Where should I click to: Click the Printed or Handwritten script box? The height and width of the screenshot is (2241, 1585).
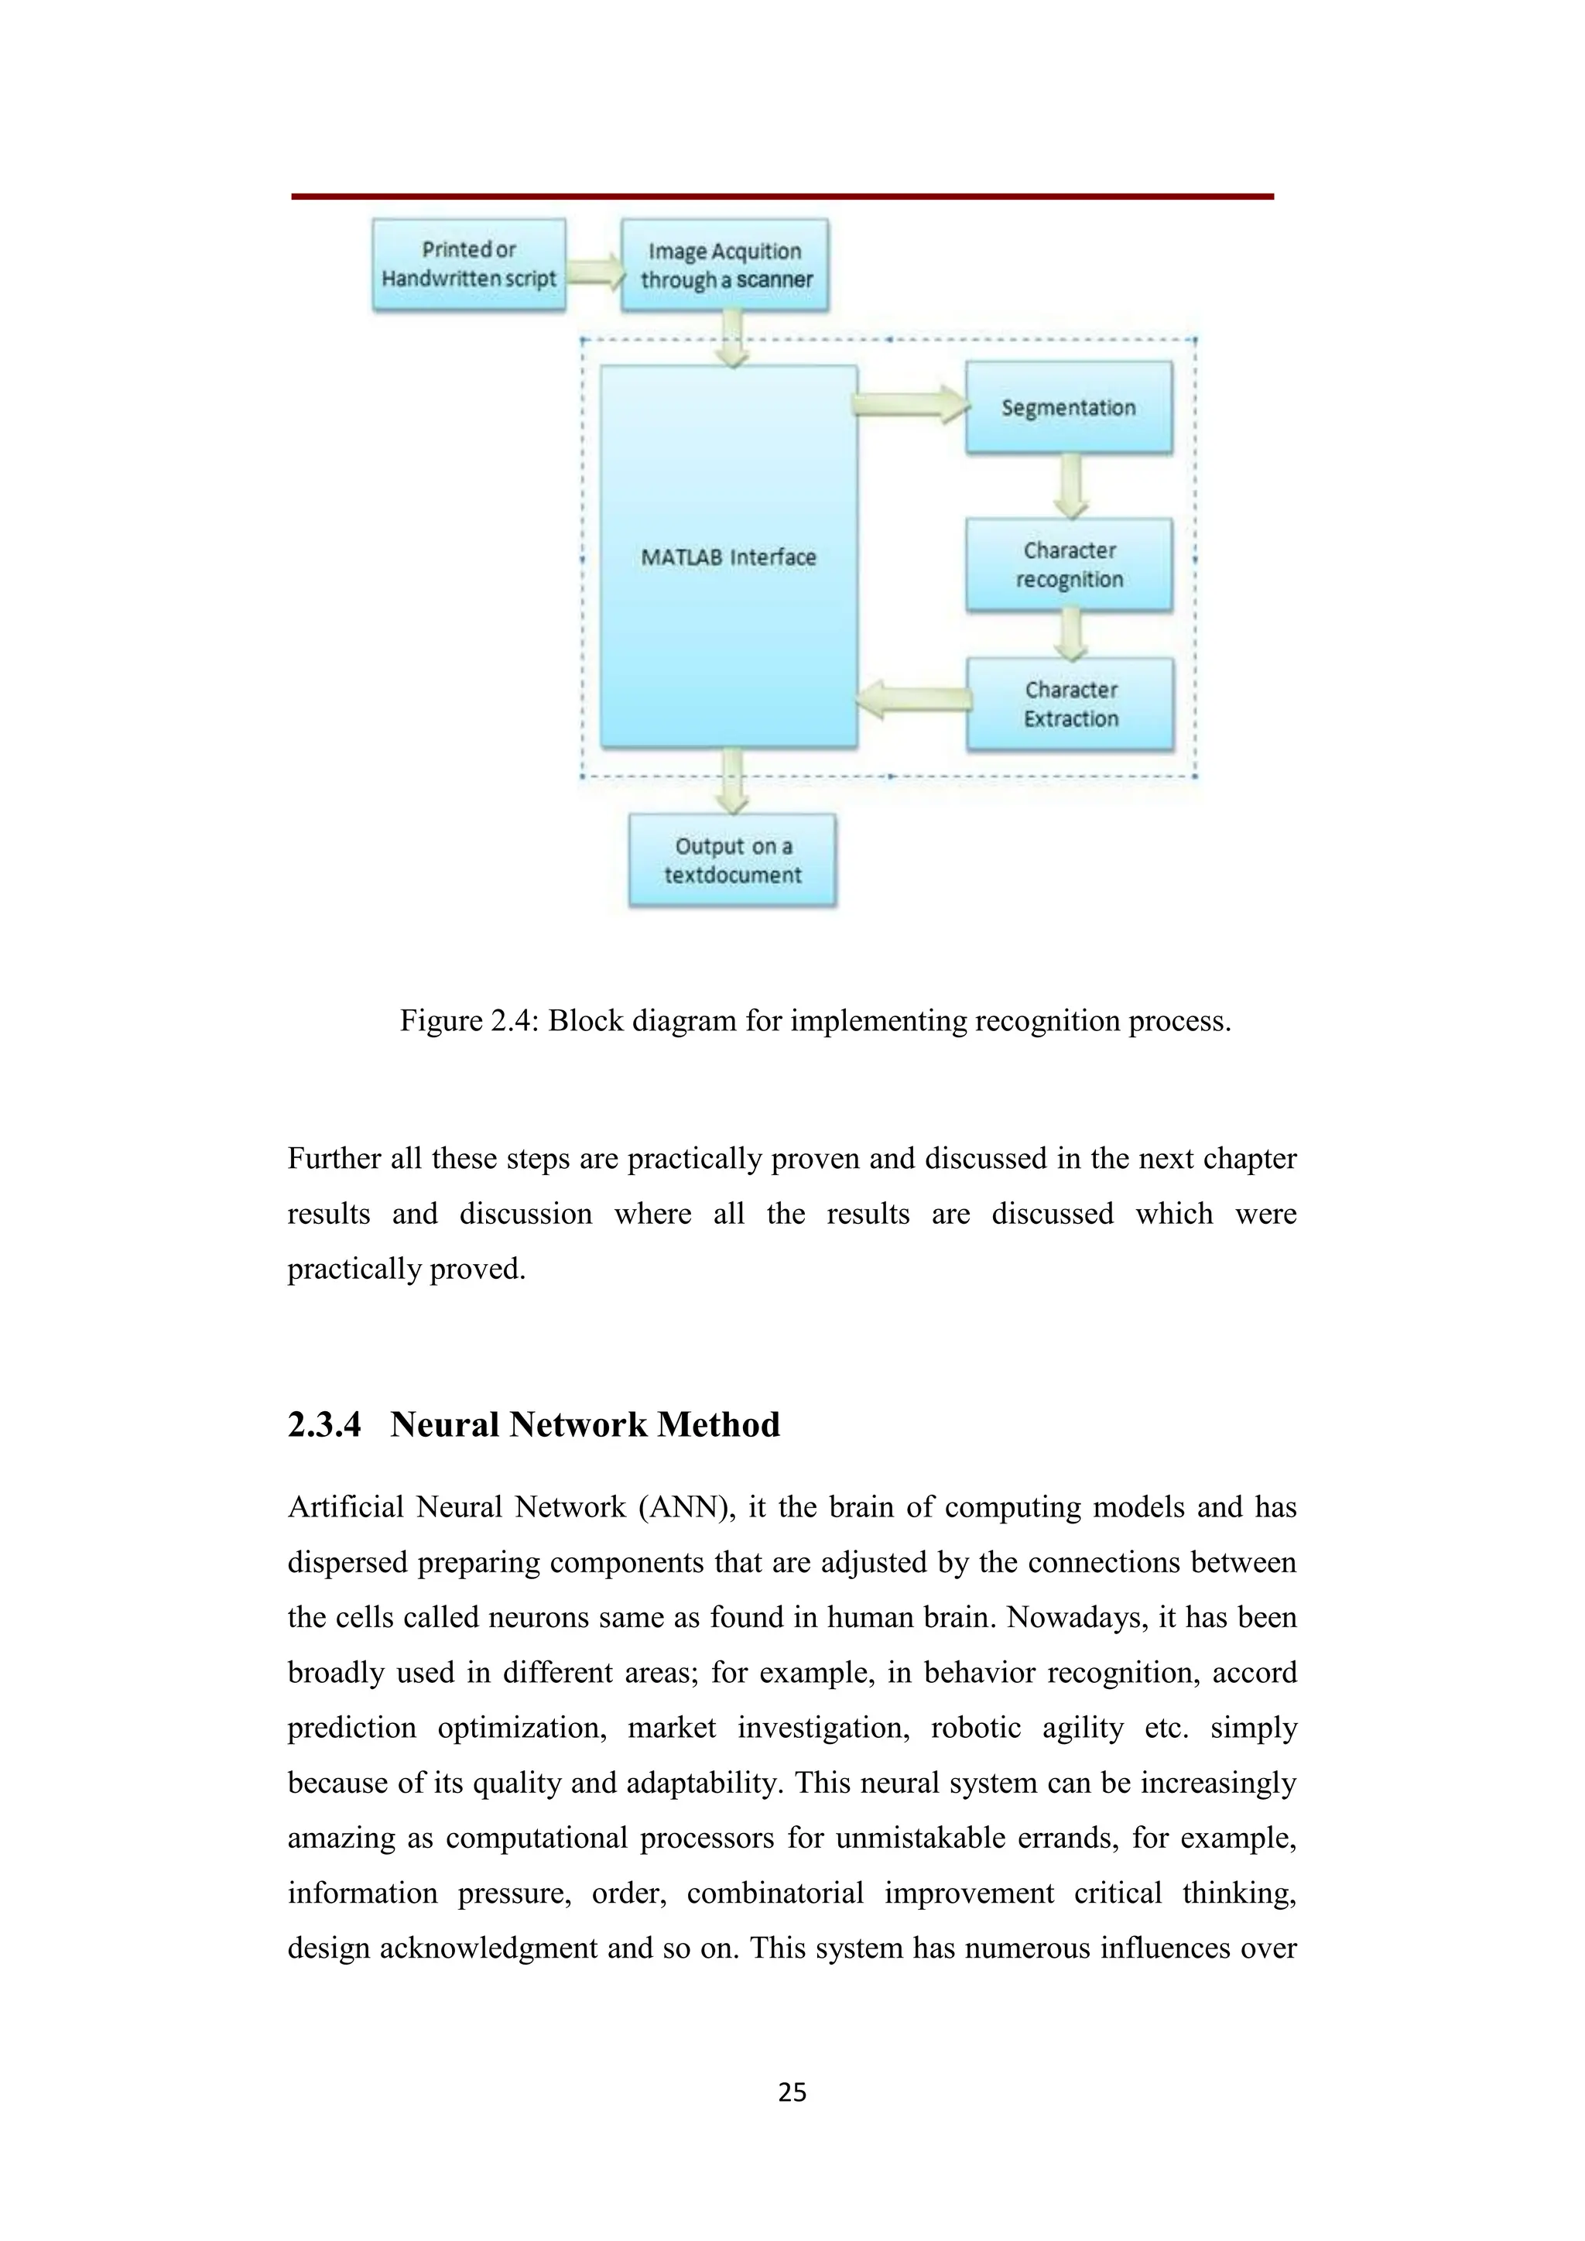tap(468, 265)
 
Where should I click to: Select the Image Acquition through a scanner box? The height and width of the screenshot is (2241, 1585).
tap(725, 266)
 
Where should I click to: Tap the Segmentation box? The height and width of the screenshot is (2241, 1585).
tap(1069, 407)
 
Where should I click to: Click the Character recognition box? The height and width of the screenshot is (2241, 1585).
tap(1069, 565)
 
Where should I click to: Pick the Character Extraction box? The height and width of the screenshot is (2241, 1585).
tap(1070, 704)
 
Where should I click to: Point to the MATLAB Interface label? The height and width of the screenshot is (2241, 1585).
tap(728, 557)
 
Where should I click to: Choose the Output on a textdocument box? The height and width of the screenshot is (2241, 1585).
tap(732, 861)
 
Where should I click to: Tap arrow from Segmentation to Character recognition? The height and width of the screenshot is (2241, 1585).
tap(1070, 486)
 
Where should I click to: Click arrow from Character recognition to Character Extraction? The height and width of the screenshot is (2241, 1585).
tap(1070, 635)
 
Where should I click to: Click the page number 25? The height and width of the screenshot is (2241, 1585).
tap(792, 2092)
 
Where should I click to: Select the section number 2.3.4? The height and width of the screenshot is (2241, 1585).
tap(324, 1425)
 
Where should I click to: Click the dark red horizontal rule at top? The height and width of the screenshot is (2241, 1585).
tap(782, 196)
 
